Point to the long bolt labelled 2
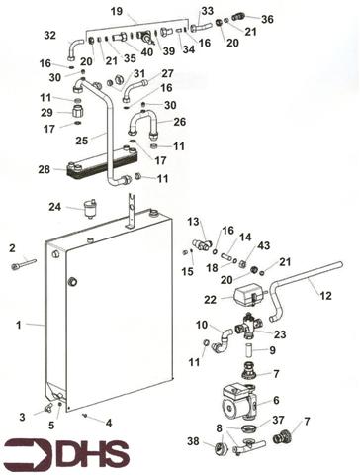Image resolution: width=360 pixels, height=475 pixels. pyautogui.click(x=26, y=264)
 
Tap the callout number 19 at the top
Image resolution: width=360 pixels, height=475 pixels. pyautogui.click(x=116, y=12)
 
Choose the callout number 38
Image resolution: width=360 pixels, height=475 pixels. pyautogui.click(x=193, y=441)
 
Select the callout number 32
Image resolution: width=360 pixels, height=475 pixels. pyautogui.click(x=50, y=36)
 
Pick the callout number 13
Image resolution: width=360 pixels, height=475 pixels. pyautogui.click(x=194, y=221)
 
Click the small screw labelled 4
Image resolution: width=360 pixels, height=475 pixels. pyautogui.click(x=87, y=415)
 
